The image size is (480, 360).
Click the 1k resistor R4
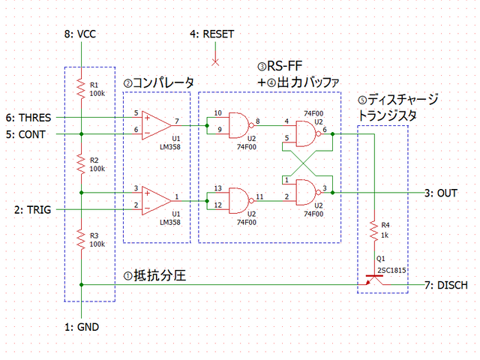(x=373, y=229)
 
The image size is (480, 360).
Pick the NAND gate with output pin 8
(x=239, y=125)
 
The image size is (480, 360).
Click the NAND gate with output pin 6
(x=307, y=133)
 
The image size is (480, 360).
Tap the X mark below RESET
(x=215, y=61)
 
